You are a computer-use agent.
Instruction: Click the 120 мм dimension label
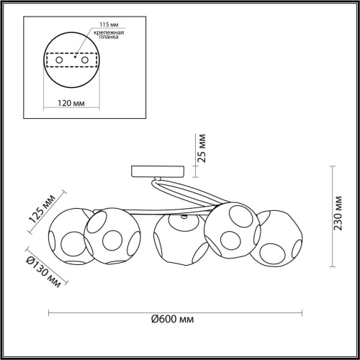click(69, 102)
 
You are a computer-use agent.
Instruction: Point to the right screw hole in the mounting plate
click(85, 60)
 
